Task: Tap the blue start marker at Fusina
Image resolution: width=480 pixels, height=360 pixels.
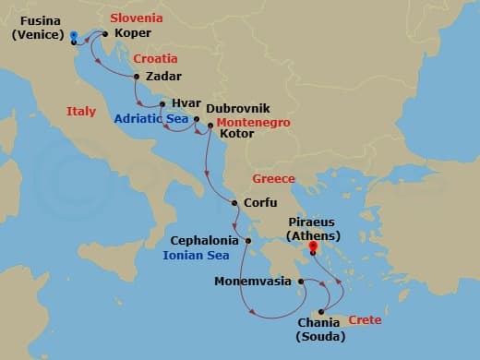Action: coord(73,35)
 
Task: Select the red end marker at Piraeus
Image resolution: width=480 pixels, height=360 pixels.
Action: coord(313,246)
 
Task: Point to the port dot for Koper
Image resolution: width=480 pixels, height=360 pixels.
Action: coord(105,35)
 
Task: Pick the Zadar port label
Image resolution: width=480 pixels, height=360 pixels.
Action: coord(163,77)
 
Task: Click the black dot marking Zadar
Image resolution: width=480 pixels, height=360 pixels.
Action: coord(137,77)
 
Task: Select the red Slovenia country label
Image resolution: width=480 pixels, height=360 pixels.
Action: coord(137,18)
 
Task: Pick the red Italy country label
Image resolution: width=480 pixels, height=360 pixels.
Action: coord(81,111)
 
